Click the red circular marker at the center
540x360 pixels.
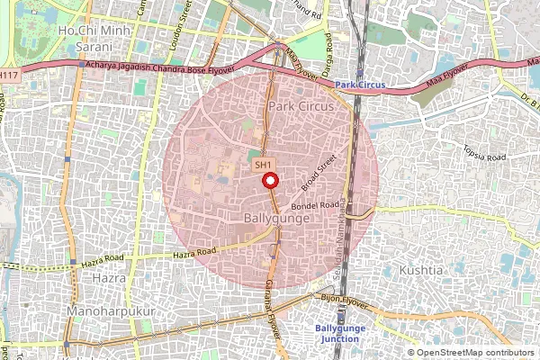tap(269, 180)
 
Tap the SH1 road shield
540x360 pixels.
tap(263, 165)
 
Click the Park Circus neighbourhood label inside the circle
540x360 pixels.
tap(301, 106)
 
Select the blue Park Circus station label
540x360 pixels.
tap(360, 85)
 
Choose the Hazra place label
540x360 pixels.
tap(108, 278)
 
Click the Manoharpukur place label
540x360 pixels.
tap(112, 310)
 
